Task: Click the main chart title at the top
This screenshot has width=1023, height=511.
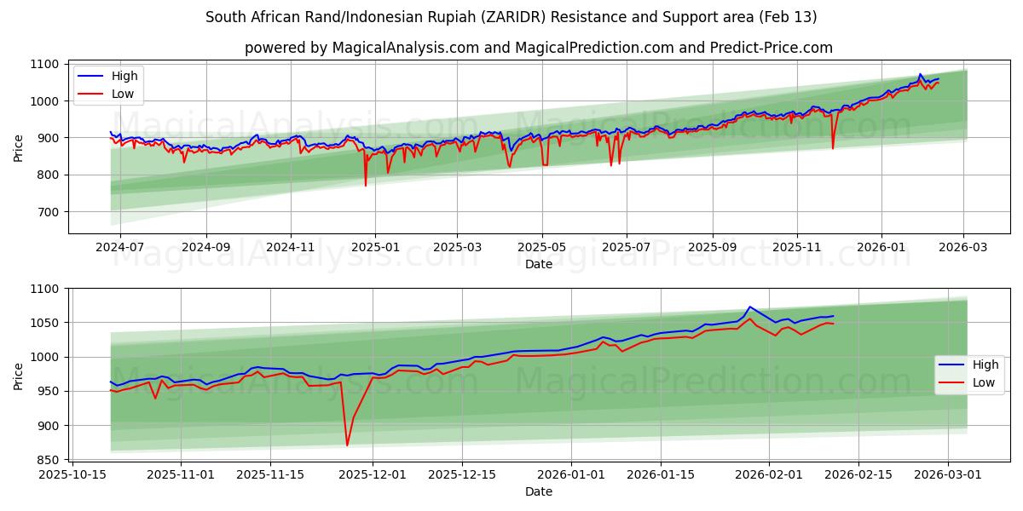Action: [511, 17]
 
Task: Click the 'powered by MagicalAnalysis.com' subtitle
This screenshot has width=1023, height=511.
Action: [539, 48]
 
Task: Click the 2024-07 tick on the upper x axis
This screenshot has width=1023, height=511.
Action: [119, 247]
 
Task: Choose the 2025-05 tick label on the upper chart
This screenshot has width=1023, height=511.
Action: [541, 247]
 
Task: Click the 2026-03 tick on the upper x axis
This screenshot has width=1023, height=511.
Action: [964, 247]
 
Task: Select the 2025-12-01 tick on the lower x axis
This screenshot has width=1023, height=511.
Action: [373, 474]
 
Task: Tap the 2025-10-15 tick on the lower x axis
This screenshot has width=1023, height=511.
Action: [72, 474]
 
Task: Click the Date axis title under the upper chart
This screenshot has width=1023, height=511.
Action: [539, 264]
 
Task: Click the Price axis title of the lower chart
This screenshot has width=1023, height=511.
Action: [19, 375]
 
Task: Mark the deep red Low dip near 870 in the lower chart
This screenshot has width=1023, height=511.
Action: [347, 445]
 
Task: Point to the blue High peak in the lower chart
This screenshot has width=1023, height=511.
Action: [749, 307]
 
